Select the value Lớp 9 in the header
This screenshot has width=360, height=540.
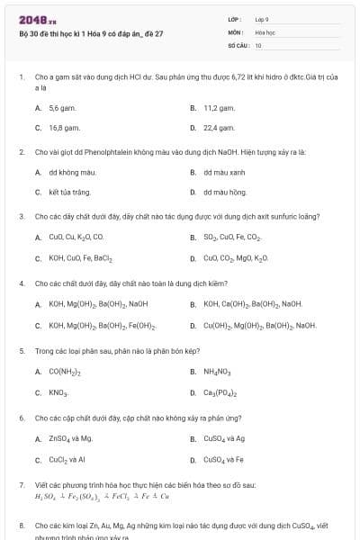click(262, 18)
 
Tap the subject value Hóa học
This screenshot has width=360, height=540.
click(265, 31)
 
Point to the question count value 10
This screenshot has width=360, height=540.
click(258, 45)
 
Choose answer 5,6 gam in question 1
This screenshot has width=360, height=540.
click(59, 108)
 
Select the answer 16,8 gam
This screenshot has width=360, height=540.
click(61, 128)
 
